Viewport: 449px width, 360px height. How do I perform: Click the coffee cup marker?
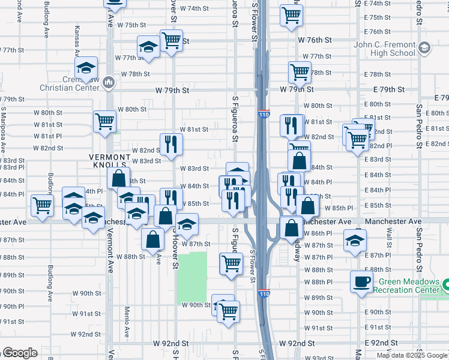362,281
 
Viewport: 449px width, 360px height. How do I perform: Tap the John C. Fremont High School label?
385,49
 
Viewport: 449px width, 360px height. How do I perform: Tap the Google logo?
19,353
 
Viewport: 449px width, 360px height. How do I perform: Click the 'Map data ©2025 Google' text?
412,355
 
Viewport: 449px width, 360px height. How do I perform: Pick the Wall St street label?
389,235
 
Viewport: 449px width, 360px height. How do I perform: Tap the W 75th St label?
132,25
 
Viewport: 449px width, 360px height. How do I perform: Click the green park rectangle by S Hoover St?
191,277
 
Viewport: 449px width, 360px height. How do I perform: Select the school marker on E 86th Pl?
355,240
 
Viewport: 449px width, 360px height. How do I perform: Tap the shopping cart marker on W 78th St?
300,72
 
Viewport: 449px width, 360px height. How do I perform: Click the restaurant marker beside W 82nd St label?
171,143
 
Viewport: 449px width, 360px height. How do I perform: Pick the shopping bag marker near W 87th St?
153,239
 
